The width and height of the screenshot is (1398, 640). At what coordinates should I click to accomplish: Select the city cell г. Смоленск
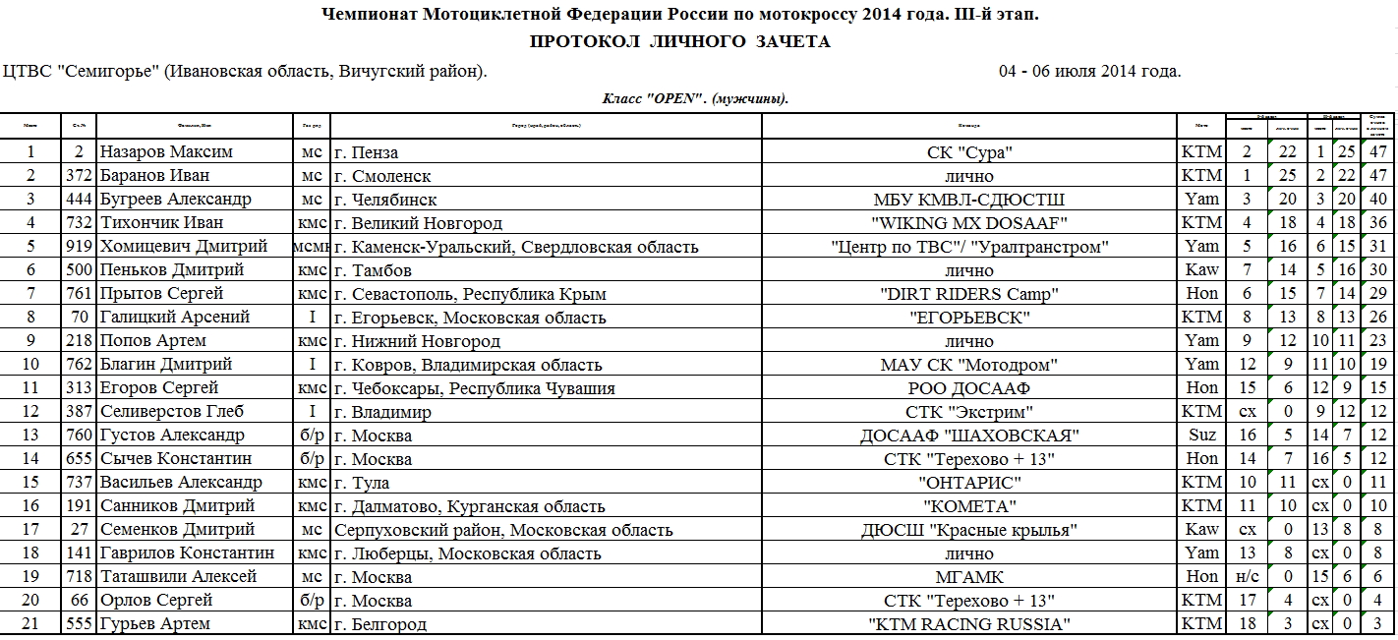click(x=382, y=176)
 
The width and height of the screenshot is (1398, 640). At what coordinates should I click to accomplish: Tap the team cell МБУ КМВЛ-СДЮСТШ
click(x=969, y=200)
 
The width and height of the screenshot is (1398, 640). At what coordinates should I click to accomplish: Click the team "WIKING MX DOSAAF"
click(x=969, y=223)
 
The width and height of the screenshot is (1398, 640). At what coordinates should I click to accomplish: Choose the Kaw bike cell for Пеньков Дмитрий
click(x=1201, y=270)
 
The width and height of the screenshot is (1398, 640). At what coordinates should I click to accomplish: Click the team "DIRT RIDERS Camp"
click(x=969, y=294)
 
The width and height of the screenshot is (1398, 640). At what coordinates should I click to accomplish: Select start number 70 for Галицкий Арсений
click(x=79, y=318)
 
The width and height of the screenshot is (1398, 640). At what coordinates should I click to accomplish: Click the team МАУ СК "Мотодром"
click(x=969, y=365)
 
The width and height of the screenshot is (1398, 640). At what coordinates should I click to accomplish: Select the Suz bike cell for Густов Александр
click(x=1201, y=436)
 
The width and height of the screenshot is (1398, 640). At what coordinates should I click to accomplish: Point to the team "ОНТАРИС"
click(x=969, y=483)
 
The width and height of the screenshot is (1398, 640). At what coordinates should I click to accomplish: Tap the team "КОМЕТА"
click(x=969, y=506)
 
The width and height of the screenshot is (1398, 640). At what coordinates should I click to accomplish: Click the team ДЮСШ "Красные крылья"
click(x=969, y=530)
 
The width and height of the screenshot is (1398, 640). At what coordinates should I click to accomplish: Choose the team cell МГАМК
click(x=969, y=577)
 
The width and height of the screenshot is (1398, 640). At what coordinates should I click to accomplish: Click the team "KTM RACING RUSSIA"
click(x=969, y=624)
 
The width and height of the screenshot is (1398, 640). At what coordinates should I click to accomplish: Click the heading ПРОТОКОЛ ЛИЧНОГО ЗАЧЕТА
click(x=680, y=41)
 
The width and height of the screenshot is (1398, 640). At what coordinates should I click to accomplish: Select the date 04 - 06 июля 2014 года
click(x=1089, y=72)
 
